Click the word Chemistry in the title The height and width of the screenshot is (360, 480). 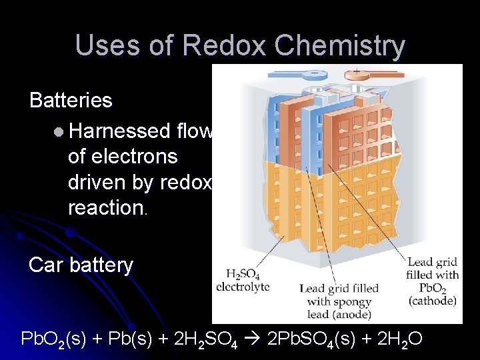[x=339, y=46]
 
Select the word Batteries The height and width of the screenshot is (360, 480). [x=71, y=101]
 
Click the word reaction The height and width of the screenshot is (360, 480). [x=105, y=207]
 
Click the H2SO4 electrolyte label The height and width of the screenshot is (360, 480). [x=243, y=280]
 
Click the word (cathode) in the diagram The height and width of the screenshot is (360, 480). [x=432, y=301]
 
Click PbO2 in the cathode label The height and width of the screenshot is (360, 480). [x=433, y=287]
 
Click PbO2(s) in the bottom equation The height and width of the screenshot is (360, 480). [x=56, y=340]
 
